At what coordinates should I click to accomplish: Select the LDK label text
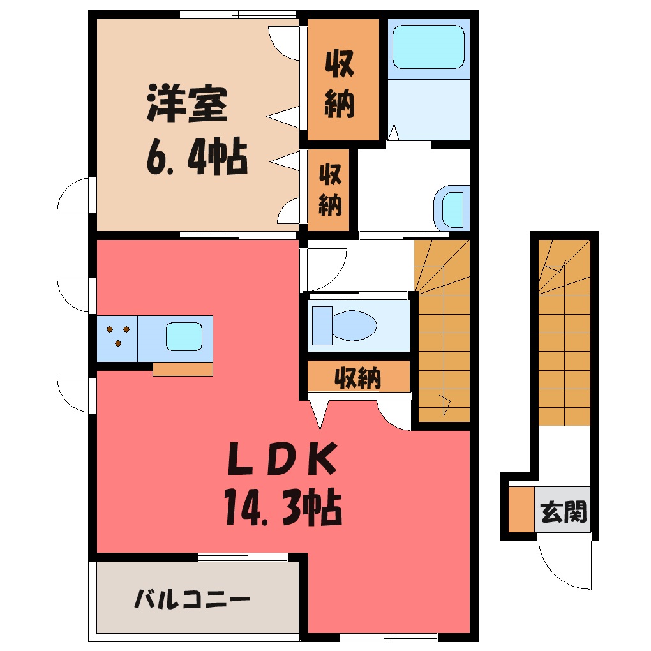(282, 458)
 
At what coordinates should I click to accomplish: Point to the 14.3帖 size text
(283, 507)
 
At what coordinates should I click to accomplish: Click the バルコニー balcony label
(192, 599)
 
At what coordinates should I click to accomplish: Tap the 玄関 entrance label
(564, 512)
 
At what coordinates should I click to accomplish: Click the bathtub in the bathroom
(428, 47)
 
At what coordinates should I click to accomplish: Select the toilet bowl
(354, 325)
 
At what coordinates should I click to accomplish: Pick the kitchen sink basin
(184, 337)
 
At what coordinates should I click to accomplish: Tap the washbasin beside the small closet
(453, 210)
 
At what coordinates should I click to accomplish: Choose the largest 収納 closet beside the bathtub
(343, 80)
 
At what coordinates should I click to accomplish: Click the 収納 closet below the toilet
(358, 376)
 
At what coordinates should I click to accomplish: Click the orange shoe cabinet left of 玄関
(521, 509)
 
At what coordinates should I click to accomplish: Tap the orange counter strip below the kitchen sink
(183, 369)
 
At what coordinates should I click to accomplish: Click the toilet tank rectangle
(322, 325)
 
